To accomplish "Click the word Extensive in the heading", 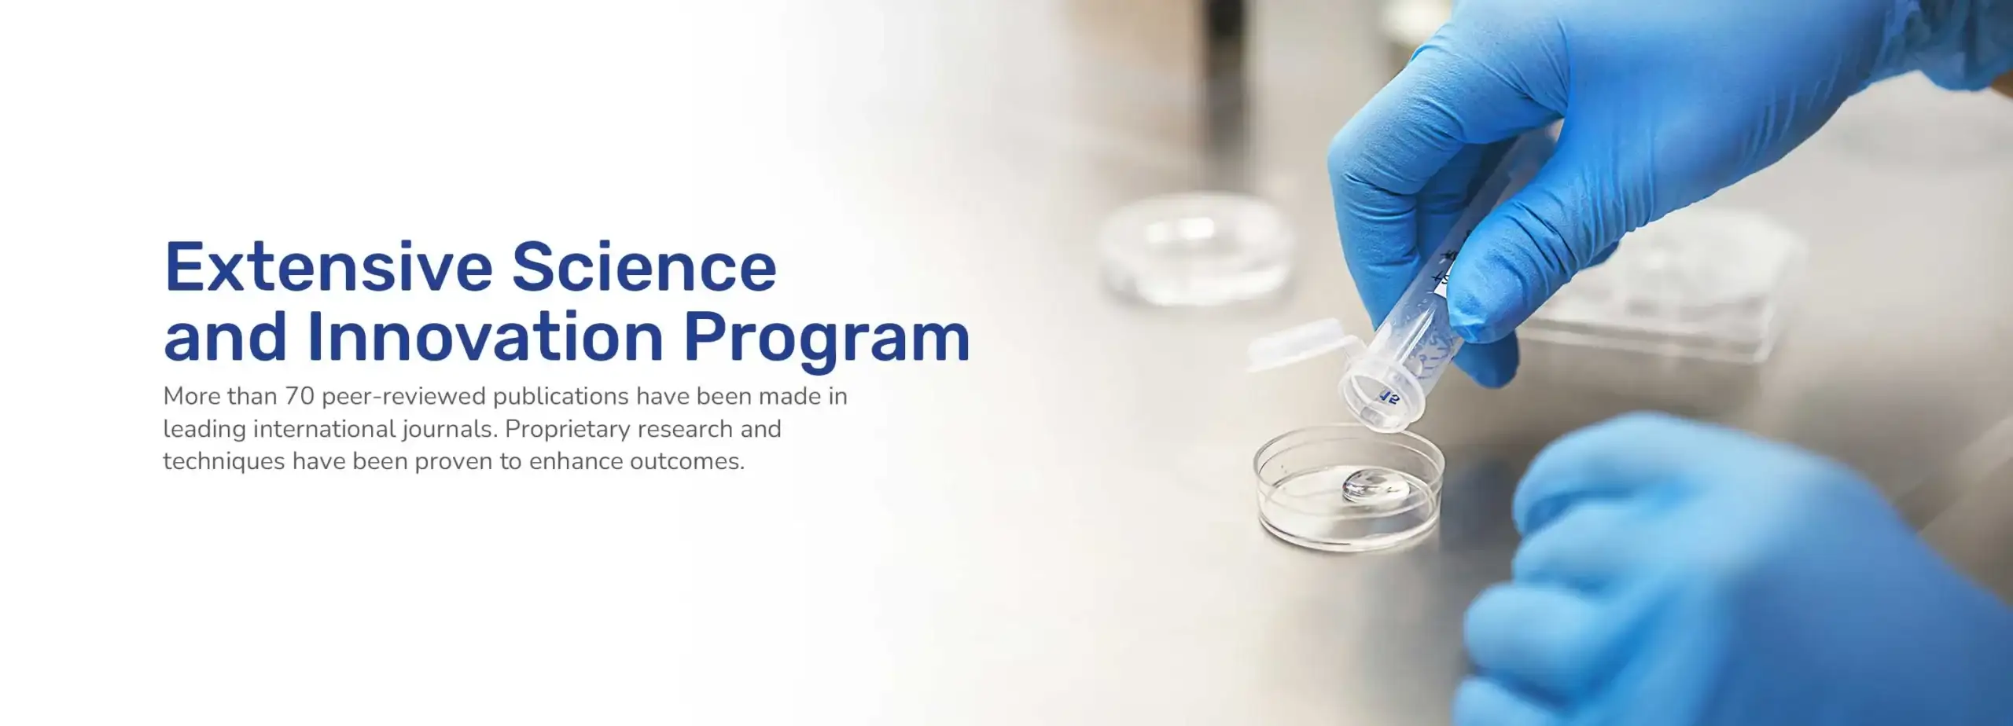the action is [x=328, y=266].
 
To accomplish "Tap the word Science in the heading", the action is [x=644, y=266].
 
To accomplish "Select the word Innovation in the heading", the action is [x=486, y=336].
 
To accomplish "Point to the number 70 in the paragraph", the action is [x=300, y=396].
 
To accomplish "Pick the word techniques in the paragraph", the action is [x=224, y=462].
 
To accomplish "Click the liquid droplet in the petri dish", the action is [x=1375, y=486].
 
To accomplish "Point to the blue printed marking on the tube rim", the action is [x=1389, y=395].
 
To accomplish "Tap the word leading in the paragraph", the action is [x=204, y=431].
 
